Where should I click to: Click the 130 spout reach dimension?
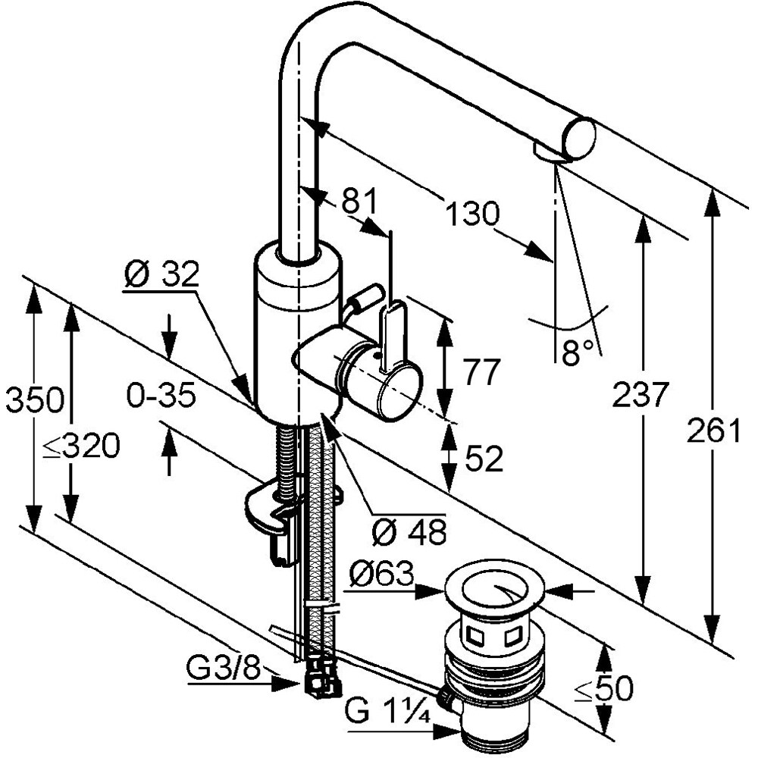click(471, 213)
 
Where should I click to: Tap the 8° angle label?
click(577, 352)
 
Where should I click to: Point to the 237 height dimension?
click(640, 394)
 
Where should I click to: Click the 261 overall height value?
click(713, 430)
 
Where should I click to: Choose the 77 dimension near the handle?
click(481, 371)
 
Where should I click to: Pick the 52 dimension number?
click(484, 459)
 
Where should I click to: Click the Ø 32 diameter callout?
click(161, 274)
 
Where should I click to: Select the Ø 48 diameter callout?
click(409, 532)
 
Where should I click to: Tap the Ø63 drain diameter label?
click(382, 574)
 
